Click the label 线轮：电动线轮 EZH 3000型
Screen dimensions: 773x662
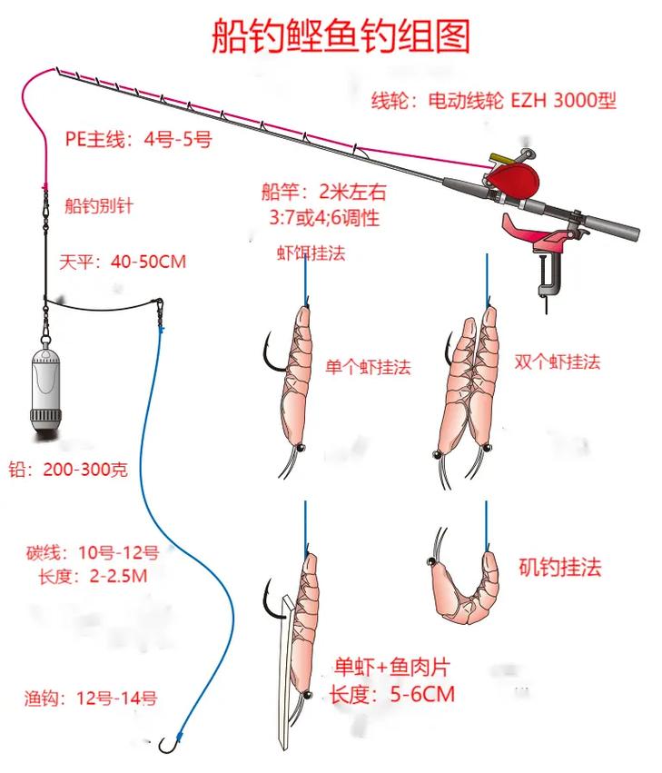494,100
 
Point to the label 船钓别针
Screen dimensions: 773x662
99,206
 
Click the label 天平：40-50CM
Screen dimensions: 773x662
122,262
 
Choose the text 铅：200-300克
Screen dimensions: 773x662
69,470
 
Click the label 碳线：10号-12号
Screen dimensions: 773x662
93,552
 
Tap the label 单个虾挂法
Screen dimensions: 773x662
368,367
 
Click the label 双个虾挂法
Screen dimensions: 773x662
558,362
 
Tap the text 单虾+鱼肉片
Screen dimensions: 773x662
391,669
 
